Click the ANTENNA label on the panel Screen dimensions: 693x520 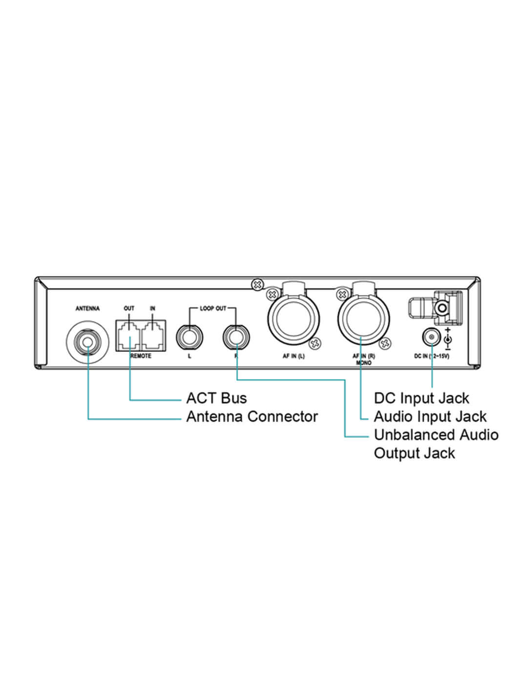pos(87,308)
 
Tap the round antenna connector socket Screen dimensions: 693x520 pos(88,341)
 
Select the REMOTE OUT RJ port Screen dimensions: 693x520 pos(129,335)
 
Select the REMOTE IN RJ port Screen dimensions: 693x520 pos(153,335)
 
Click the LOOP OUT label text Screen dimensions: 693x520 pos(213,308)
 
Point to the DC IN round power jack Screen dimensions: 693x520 pos(431,337)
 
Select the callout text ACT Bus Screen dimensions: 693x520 pos(216,398)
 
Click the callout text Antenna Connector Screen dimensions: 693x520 pos(252,417)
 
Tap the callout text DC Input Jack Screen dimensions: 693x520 pos(421,398)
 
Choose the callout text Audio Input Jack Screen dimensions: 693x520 pos(430,417)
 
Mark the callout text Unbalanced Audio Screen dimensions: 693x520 pos(436,435)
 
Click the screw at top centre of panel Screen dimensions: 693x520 pos(256,284)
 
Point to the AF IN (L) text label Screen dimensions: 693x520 pos(293,356)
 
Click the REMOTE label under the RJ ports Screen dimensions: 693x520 pos(142,356)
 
